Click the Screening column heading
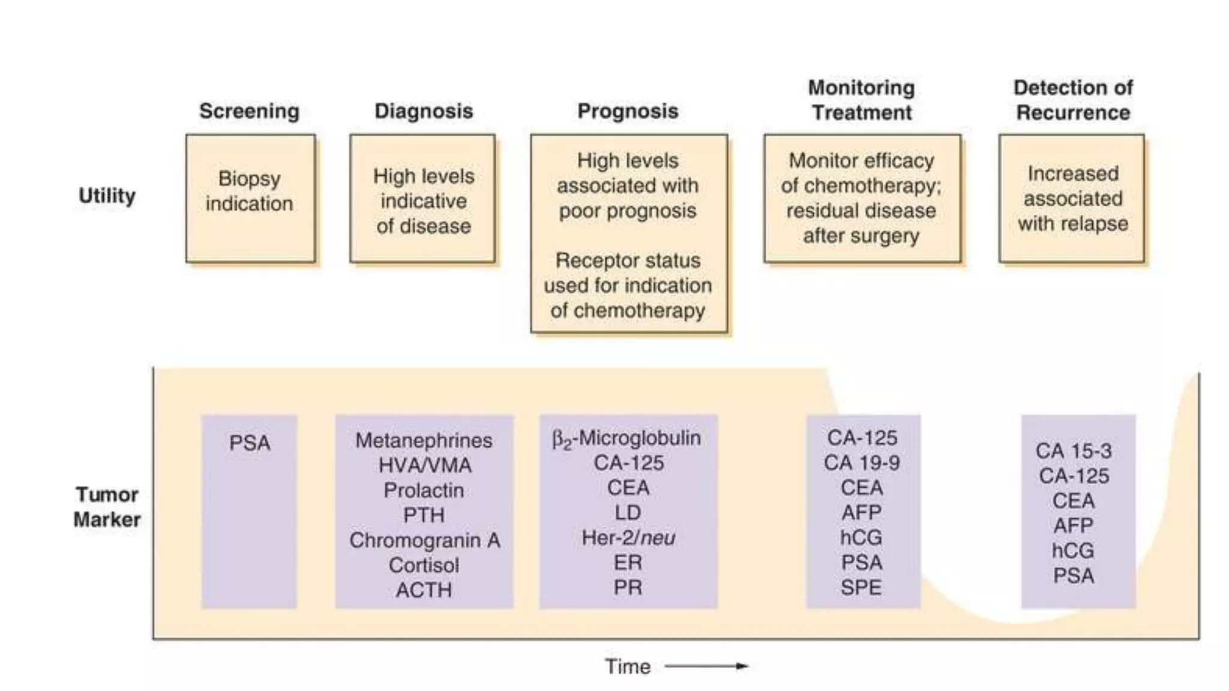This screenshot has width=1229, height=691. pos(249,112)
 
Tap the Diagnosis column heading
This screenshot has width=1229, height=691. pos(424,112)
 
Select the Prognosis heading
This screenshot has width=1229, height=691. pos(628,112)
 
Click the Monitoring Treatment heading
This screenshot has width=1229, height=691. pos(861,100)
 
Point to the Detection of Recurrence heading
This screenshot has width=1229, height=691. pos(1073,100)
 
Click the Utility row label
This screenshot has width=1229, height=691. pos(107,196)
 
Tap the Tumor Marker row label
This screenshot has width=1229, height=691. pos(107,507)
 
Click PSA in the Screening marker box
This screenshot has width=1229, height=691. pos(250,443)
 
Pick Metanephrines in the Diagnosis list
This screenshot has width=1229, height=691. pos(424,440)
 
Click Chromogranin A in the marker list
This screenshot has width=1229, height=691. pos(424,540)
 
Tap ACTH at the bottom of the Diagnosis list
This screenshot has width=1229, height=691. pos(424,590)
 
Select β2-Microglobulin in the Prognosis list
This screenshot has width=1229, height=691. pos(627,438)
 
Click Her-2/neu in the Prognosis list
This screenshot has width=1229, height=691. pos(628,538)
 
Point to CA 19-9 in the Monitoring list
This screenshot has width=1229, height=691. pos(862,463)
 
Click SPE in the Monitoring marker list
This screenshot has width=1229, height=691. pos(861,588)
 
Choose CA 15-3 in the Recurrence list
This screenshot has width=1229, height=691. pos(1074,451)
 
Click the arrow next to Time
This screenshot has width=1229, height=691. pos(706,666)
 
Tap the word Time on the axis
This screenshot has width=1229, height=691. pos(627,666)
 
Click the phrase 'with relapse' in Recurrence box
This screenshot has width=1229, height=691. pos(1073,224)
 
